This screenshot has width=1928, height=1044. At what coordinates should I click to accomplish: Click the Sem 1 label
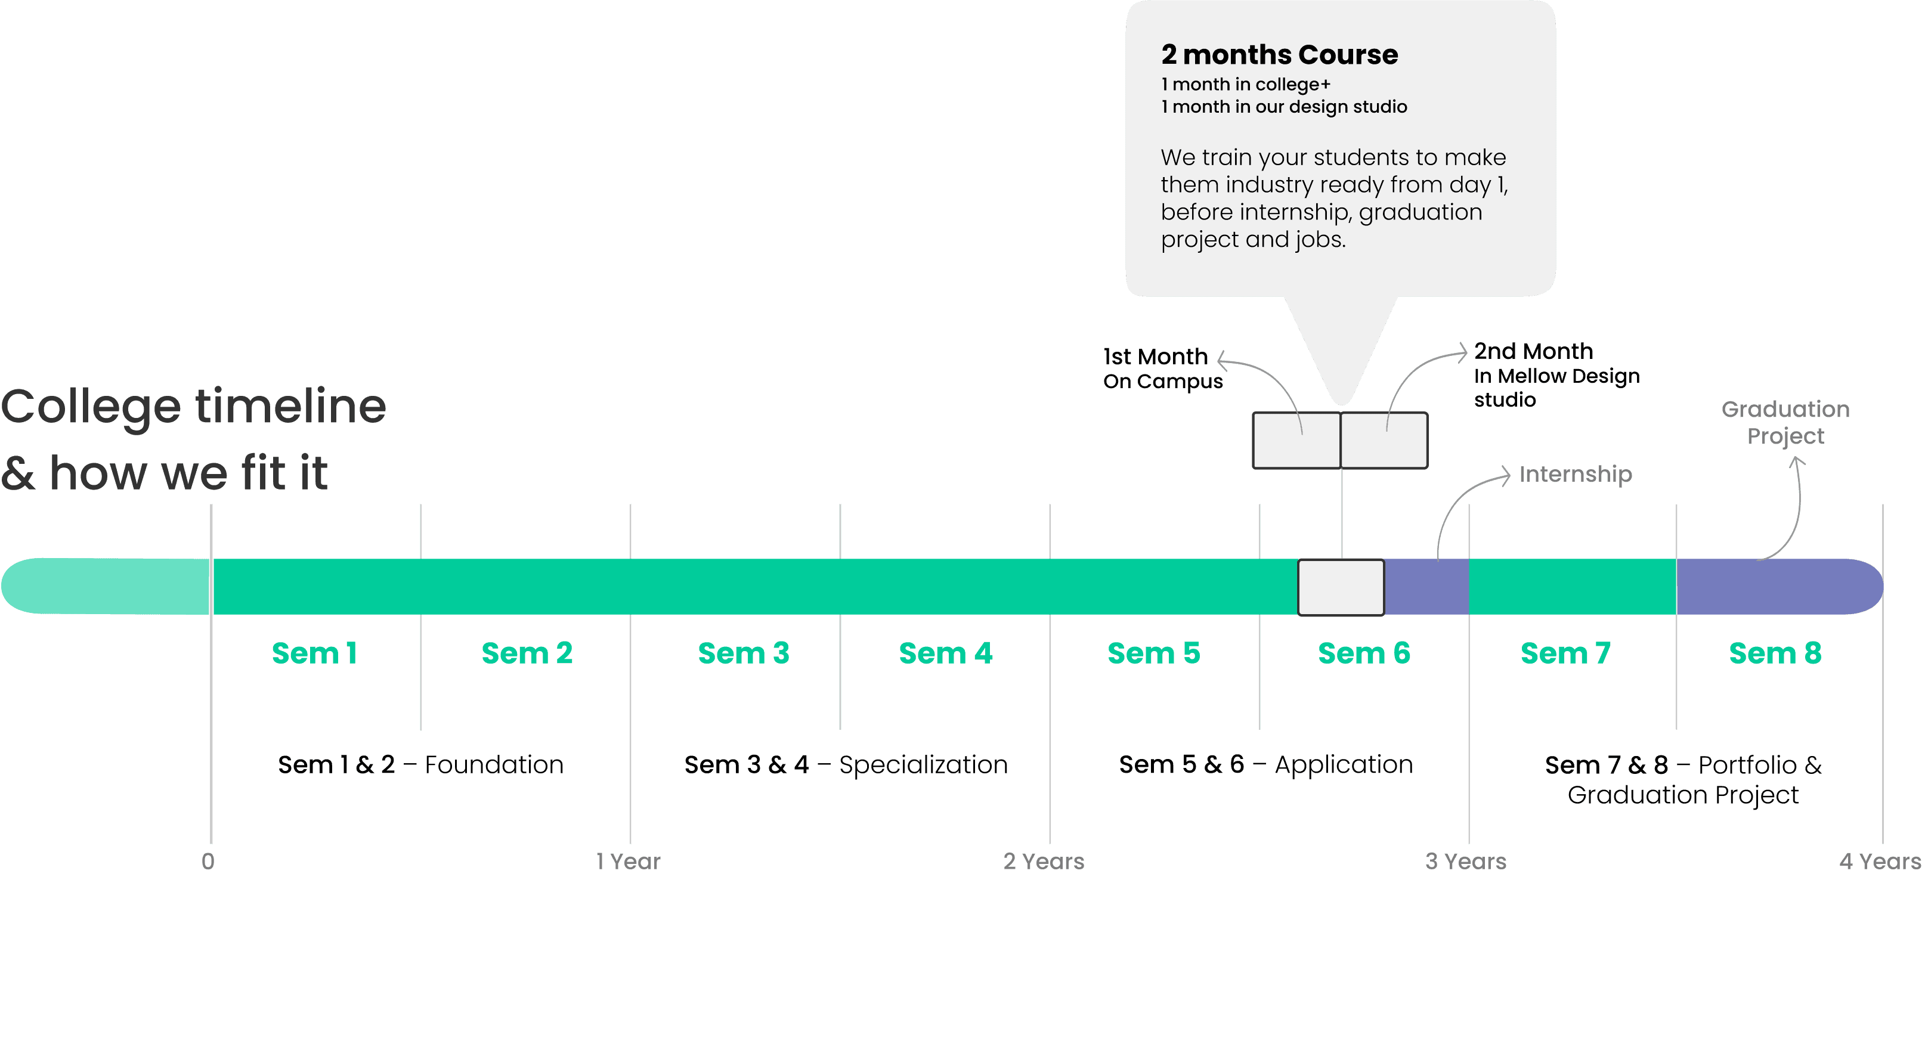click(x=314, y=653)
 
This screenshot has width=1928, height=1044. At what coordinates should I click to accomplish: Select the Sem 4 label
click(x=945, y=653)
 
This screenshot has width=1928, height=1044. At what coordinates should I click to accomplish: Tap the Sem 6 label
click(x=1364, y=653)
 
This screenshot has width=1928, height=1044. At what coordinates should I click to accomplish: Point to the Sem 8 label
click(x=1775, y=653)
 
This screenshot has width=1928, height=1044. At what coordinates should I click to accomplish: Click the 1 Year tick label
click(x=628, y=862)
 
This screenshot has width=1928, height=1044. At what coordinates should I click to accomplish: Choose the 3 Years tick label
click(x=1465, y=862)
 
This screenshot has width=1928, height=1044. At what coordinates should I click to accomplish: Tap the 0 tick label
click(x=208, y=862)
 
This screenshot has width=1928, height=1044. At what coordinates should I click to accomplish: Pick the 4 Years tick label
click(x=1879, y=862)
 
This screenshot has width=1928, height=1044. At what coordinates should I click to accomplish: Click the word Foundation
click(x=494, y=765)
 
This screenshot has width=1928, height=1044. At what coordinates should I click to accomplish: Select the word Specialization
click(x=923, y=765)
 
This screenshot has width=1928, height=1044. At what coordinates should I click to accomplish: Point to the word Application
click(x=1344, y=765)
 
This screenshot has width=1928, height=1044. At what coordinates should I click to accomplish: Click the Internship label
click(x=1576, y=475)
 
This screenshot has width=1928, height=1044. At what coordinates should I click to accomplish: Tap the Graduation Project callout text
click(x=1785, y=422)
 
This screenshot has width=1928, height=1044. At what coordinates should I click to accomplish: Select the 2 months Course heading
click(x=1279, y=55)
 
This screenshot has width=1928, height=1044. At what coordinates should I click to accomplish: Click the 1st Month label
click(x=1156, y=357)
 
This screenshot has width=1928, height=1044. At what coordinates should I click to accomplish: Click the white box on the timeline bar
click(x=1341, y=587)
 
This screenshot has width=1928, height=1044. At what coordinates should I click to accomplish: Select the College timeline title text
click(x=193, y=407)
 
